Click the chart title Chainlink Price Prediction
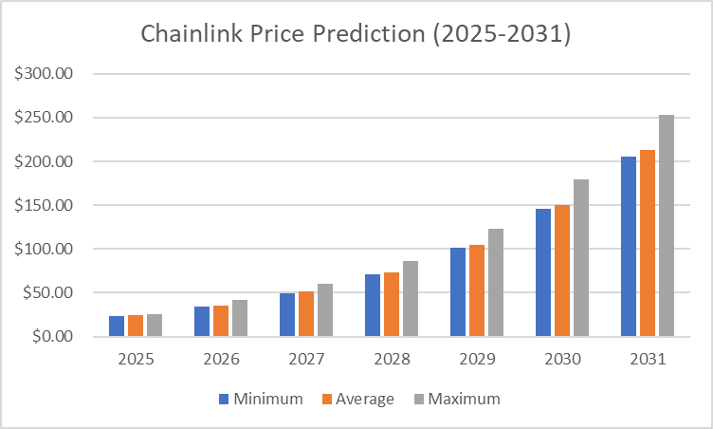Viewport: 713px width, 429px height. tap(356, 33)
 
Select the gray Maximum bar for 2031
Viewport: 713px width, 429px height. tap(666, 226)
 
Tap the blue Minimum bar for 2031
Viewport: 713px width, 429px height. tap(629, 247)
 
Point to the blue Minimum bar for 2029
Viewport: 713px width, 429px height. tap(458, 292)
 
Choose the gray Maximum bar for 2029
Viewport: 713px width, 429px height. tap(495, 283)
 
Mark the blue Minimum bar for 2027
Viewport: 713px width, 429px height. tap(287, 315)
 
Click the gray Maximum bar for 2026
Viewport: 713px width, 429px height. tap(239, 318)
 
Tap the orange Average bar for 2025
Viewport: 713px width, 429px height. tap(136, 326)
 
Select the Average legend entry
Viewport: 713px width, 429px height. tap(356, 399)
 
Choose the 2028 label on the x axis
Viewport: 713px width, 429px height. tap(392, 360)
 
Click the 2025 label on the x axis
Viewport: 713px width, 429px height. tap(136, 360)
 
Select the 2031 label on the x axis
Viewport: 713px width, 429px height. tap(648, 360)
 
